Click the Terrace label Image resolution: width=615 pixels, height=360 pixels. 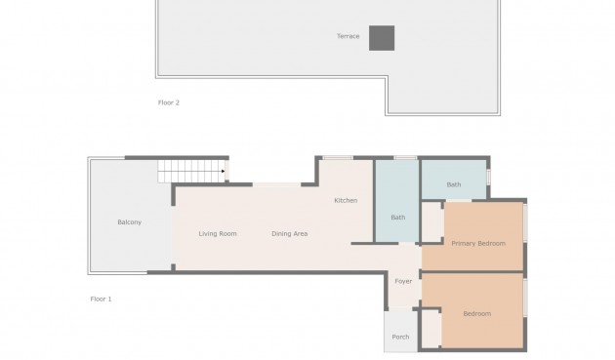click(x=348, y=36)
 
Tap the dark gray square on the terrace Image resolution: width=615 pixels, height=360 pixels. click(x=382, y=38)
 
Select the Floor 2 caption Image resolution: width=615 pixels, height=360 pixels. click(x=169, y=102)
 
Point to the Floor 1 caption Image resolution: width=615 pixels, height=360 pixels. click(x=101, y=299)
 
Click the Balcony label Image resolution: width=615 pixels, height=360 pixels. click(x=130, y=222)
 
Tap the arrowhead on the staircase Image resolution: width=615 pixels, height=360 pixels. click(x=223, y=171)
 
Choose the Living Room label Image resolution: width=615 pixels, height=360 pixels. click(x=218, y=234)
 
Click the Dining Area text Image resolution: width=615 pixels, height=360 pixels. click(x=290, y=234)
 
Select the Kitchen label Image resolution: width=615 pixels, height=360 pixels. click(x=346, y=200)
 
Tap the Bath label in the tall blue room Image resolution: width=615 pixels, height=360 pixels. click(x=397, y=218)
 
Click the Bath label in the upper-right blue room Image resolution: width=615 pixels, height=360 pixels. click(x=454, y=184)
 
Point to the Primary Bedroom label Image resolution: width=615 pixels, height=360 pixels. click(x=478, y=244)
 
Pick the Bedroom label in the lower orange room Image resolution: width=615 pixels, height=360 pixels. click(x=477, y=314)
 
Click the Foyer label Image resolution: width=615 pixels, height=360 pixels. click(x=403, y=281)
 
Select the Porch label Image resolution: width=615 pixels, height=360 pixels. click(x=400, y=337)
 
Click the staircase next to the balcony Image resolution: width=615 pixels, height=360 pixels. click(x=193, y=171)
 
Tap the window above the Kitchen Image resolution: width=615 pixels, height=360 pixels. click(x=338, y=158)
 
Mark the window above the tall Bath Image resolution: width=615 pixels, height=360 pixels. click(x=405, y=158)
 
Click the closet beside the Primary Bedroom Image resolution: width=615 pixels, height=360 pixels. click(x=432, y=222)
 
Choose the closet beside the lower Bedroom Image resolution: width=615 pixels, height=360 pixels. click(x=431, y=329)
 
